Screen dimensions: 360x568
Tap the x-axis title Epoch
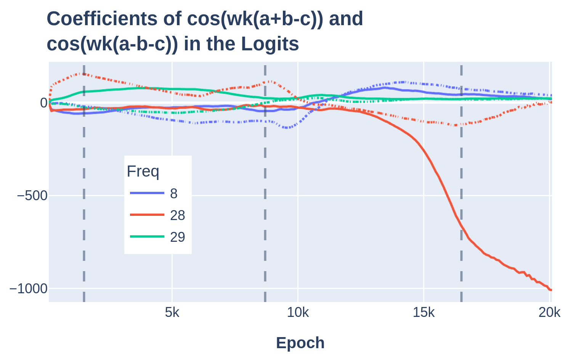(300, 342)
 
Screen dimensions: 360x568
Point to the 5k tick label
(172, 313)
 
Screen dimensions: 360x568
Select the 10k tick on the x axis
(298, 313)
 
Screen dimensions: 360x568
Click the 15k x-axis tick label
(424, 313)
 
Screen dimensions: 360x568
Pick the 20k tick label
(549, 313)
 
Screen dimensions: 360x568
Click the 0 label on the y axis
(43, 103)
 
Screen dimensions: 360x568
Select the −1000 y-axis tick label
(28, 289)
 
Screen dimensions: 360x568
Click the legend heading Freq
(143, 172)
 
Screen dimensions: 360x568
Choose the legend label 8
(173, 194)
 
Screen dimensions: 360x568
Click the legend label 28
(177, 215)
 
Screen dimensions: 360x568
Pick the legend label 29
(177, 237)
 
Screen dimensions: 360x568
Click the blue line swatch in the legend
(147, 193)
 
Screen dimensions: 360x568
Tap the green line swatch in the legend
(147, 237)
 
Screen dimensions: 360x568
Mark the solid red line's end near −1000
(550, 290)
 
